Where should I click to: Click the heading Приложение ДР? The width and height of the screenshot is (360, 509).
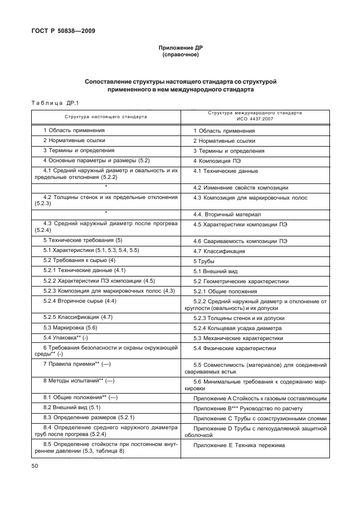click(180, 49)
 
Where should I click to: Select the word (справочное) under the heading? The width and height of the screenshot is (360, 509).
click(180, 55)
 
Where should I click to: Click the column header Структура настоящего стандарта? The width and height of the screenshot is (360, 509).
click(106, 117)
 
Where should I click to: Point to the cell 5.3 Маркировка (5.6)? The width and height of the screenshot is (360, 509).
click(70, 327)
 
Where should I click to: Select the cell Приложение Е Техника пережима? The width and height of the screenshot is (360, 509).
click(239, 445)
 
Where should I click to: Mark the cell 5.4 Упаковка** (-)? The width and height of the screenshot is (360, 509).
click(66, 338)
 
